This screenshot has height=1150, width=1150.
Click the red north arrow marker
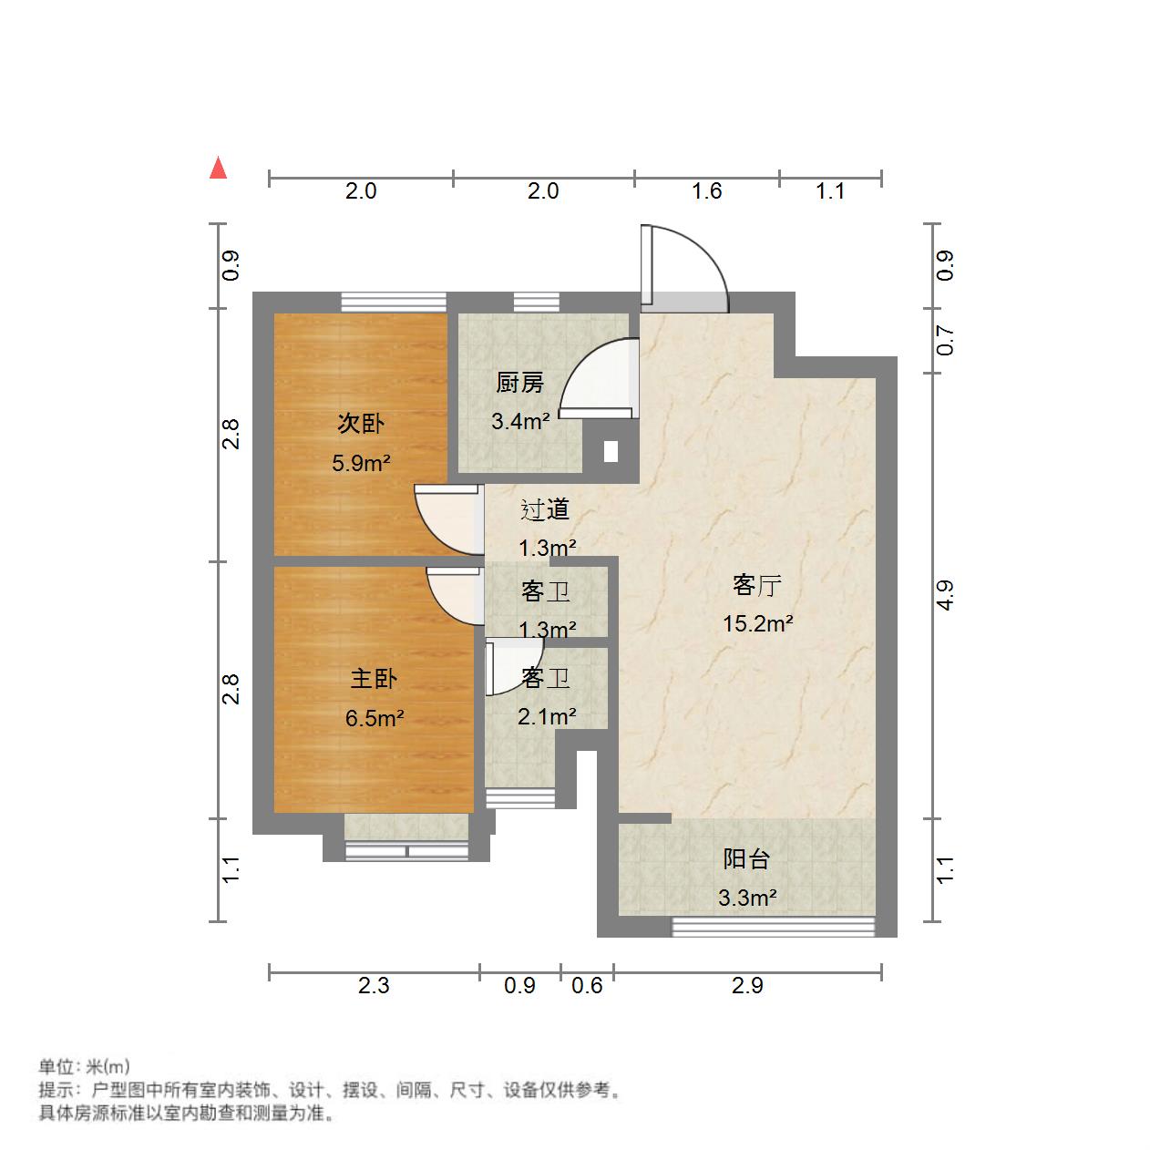click(x=218, y=169)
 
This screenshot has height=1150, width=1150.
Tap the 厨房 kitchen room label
click(x=519, y=383)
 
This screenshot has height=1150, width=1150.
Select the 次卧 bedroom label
click(x=361, y=423)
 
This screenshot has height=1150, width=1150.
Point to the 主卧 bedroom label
click(x=374, y=679)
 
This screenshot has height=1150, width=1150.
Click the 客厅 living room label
click(x=757, y=585)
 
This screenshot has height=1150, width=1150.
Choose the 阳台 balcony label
click(x=746, y=858)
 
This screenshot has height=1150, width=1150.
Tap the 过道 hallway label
click(x=545, y=509)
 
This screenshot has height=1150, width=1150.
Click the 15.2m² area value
click(x=757, y=624)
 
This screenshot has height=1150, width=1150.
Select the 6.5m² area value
click(x=374, y=718)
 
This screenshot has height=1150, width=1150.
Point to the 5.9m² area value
click(x=361, y=463)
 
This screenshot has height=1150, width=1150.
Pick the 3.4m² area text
click(x=519, y=421)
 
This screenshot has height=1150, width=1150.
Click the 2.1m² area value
click(x=547, y=717)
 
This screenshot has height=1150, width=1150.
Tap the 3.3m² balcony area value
click(x=746, y=898)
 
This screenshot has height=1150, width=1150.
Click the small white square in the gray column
click(x=611, y=451)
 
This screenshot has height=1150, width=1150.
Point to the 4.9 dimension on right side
click(x=945, y=595)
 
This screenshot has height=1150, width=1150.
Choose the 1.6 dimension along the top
click(x=707, y=191)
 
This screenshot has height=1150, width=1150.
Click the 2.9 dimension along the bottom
click(x=747, y=985)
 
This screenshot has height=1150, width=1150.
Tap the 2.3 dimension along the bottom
click(x=374, y=985)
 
